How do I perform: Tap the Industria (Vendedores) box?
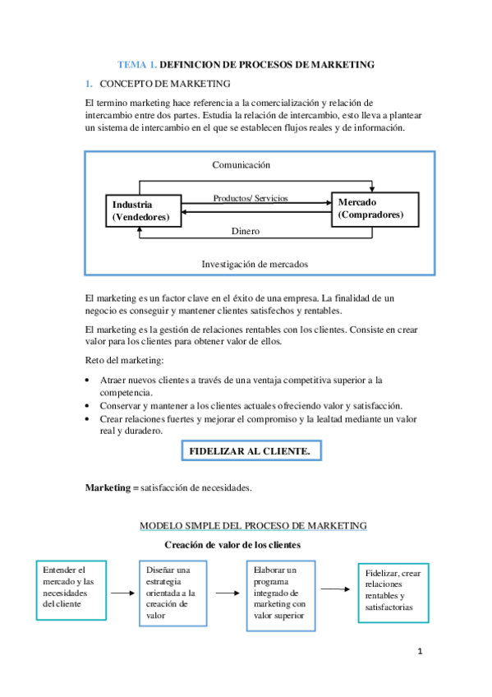(x=141, y=211)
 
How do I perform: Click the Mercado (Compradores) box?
(x=375, y=209)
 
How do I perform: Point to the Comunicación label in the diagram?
(x=241, y=165)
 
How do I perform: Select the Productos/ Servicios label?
(x=251, y=199)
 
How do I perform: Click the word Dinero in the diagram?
(x=245, y=232)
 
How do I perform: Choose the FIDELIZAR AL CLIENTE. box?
(x=250, y=451)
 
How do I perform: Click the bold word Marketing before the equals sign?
(x=107, y=487)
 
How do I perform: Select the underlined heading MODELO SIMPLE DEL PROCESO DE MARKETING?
(x=253, y=525)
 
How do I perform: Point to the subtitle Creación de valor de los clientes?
(x=232, y=545)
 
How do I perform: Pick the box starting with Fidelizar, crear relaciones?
(x=391, y=590)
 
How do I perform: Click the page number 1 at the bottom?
(x=419, y=653)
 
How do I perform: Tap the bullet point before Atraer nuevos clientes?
(x=88, y=381)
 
